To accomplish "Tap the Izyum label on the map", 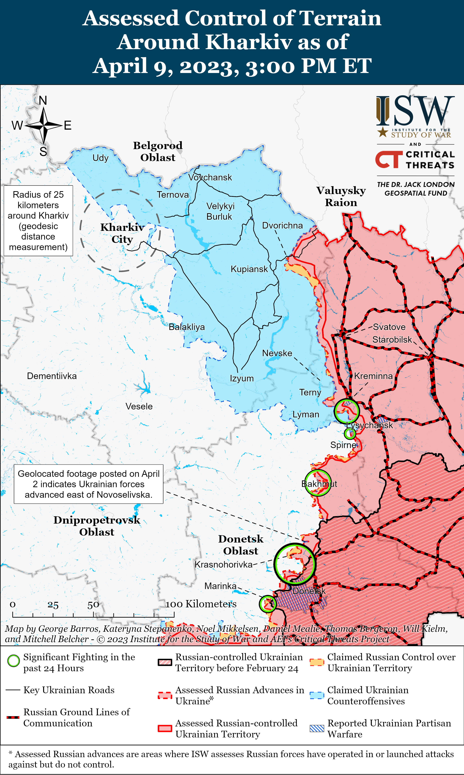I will coord(242,378).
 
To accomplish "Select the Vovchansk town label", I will coord(210,177).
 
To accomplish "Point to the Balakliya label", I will coord(187,327).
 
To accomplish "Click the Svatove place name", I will coord(389,327).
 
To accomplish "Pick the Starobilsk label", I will coord(392,340).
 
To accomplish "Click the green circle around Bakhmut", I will coord(318,483).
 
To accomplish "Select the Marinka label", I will coord(220,586).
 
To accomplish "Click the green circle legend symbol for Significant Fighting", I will coord(13,661).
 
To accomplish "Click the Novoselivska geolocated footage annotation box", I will coord(88,484).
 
